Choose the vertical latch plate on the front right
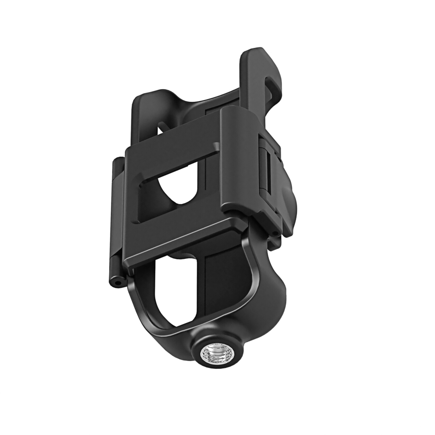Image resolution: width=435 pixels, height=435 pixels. [x=239, y=163]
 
